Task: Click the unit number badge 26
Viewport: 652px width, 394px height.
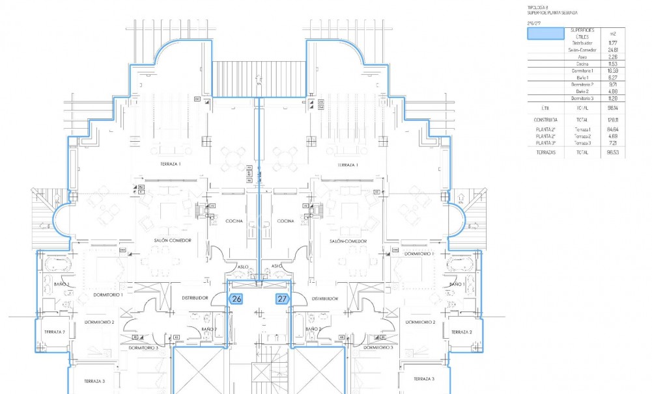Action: click(x=237, y=299)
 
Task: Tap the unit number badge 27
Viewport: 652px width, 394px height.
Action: click(x=282, y=299)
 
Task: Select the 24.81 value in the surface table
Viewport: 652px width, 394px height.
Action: click(x=612, y=49)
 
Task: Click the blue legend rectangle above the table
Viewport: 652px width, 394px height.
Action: click(x=545, y=34)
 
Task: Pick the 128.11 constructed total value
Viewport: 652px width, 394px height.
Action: click(x=612, y=120)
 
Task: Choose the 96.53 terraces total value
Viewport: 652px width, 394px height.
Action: click(x=612, y=153)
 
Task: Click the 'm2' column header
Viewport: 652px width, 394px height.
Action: click(x=612, y=33)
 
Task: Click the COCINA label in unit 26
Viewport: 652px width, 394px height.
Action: click(x=234, y=221)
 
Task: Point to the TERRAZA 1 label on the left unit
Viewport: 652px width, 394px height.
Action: click(x=171, y=165)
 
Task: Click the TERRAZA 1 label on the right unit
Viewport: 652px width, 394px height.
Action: click(x=349, y=165)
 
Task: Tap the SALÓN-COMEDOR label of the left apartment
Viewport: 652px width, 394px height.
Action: click(x=171, y=241)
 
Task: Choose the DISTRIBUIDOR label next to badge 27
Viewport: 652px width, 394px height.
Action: click(x=324, y=298)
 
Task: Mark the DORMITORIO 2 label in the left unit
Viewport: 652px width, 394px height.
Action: click(x=99, y=322)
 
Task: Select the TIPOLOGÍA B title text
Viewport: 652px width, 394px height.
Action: click(x=537, y=7)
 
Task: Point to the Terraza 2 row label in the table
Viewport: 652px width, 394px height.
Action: click(x=582, y=136)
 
